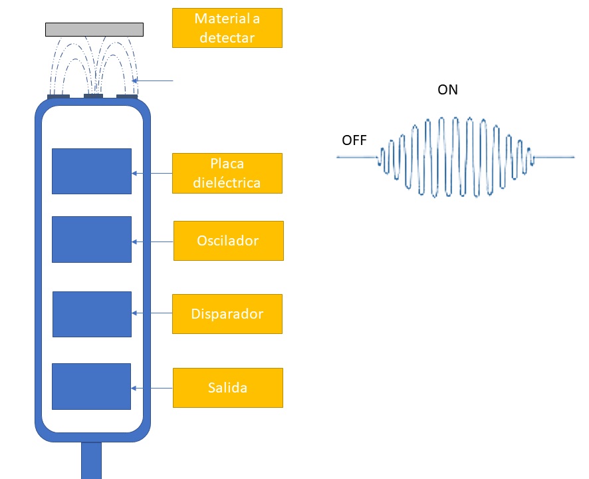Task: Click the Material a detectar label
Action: click(227, 28)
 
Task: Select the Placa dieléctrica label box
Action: click(227, 174)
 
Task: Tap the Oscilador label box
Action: click(228, 241)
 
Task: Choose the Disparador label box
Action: click(227, 314)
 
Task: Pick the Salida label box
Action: click(227, 388)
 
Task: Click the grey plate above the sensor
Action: click(94, 29)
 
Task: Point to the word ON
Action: click(447, 90)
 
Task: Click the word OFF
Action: click(354, 140)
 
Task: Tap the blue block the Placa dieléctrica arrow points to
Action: click(92, 172)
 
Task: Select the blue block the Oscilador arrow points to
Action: click(92, 239)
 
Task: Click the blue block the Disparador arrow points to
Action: click(92, 314)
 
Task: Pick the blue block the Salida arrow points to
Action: click(91, 387)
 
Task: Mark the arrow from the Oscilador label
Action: click(152, 241)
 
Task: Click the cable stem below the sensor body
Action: click(91, 460)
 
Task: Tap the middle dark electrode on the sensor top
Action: click(93, 96)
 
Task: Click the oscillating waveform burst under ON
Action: click(456, 158)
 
